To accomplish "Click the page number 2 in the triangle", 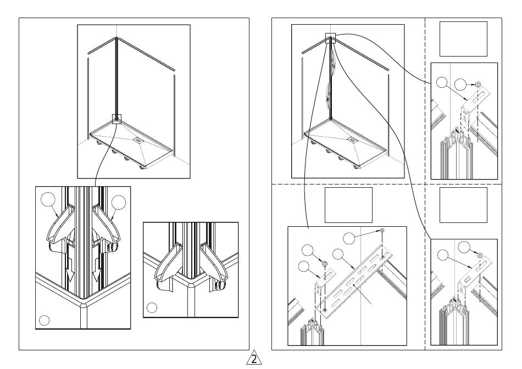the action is click(254, 359).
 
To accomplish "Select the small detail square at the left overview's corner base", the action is click(117, 119).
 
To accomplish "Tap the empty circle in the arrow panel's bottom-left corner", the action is click(45, 321).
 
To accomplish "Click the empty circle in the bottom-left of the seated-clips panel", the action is click(152, 308).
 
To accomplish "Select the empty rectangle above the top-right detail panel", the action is click(463, 39).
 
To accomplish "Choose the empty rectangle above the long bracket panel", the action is click(348, 205).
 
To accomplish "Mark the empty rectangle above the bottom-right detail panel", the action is click(463, 205).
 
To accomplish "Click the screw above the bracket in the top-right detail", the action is click(478, 85).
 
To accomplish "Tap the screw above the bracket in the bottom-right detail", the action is click(480, 255).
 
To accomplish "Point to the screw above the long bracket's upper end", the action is click(382, 230).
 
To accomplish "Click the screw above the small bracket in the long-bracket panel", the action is click(325, 264).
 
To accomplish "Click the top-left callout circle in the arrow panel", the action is click(48, 200).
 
